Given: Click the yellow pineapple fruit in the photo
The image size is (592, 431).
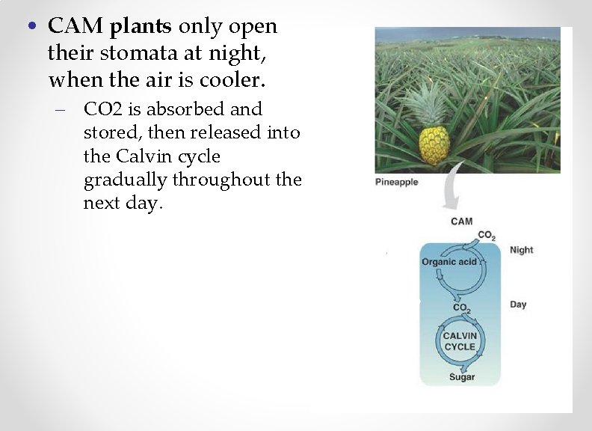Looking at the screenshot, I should tap(433, 145).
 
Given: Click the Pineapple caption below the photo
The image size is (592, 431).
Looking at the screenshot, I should tap(396, 182).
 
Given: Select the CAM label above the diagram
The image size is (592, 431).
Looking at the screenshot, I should tap(461, 221).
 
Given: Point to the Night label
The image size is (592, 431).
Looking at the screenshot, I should tap(521, 250).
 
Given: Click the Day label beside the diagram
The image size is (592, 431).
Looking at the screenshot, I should tap(518, 305).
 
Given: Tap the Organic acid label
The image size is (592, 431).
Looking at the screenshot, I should tap(449, 262).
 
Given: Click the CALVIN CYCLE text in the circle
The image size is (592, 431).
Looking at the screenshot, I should tap(460, 341).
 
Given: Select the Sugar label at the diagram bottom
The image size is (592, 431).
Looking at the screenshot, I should tap(461, 377).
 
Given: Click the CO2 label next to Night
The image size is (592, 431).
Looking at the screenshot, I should tap(486, 236).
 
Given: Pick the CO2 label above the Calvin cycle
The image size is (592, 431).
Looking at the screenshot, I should tap(461, 308).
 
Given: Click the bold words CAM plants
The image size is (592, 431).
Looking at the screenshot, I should tap(110, 27).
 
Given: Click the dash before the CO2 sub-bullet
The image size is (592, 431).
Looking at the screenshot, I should tap(59, 110).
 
